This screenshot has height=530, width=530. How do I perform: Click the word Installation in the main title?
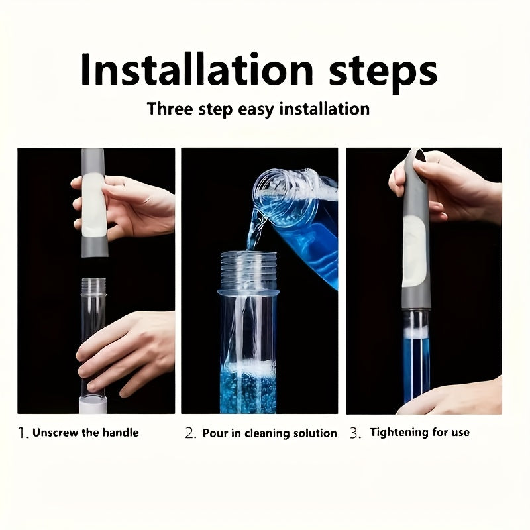tap(197, 69)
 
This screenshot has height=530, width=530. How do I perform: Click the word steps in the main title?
tap(383, 73)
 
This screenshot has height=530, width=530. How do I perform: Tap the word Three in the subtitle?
tap(170, 109)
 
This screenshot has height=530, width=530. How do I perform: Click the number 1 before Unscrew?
tap(22, 433)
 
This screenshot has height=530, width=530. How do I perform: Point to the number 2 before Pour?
tap(190, 433)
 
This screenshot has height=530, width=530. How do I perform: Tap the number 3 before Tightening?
tap(355, 433)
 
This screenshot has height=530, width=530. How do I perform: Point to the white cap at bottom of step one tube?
tap(93, 405)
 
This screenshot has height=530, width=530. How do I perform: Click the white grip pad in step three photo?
tap(414, 250)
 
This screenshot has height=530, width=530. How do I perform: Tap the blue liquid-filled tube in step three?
tap(417, 358)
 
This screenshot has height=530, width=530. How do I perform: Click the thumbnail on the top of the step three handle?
tap(421, 156)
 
